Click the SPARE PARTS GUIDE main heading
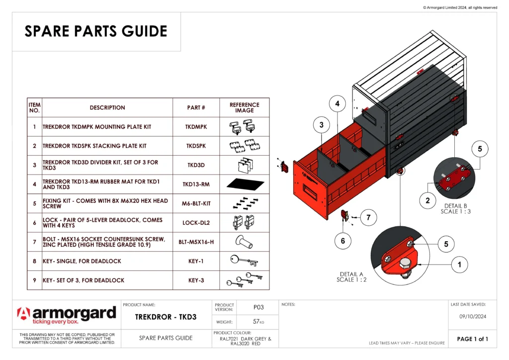[x=96, y=31]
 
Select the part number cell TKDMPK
[x=196, y=127]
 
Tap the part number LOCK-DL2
[x=196, y=223]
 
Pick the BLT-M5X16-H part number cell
[x=196, y=242]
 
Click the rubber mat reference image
[x=244, y=184]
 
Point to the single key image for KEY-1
[x=244, y=261]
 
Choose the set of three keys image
[x=244, y=280]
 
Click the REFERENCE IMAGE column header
[x=244, y=107]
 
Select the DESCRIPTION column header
[x=107, y=107]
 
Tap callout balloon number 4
[x=338, y=104]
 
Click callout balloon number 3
[x=322, y=125]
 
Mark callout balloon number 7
[x=368, y=218]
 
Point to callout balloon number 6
[x=343, y=241]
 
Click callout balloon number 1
[x=459, y=265]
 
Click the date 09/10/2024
[x=472, y=316]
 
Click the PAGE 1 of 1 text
[x=472, y=339]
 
